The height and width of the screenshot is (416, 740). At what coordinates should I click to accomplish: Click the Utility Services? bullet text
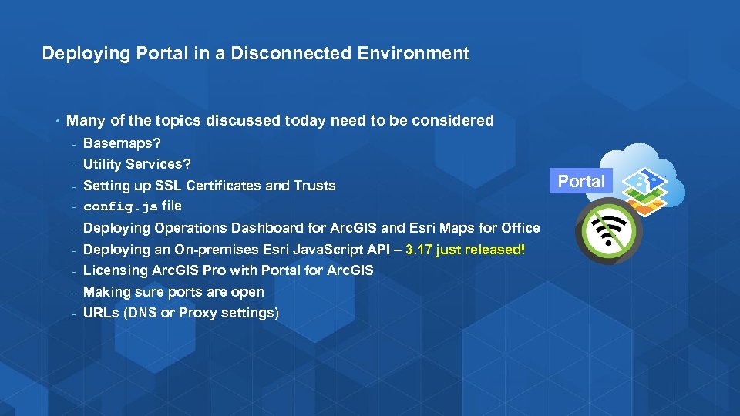click(136, 164)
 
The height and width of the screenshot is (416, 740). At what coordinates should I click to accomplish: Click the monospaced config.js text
click(119, 206)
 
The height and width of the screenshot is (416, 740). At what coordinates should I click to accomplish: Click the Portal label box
click(581, 182)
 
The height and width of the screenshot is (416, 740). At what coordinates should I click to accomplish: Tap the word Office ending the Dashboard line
click(520, 228)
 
